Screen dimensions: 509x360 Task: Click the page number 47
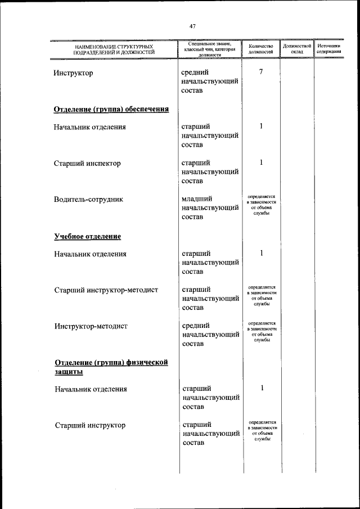pos(192,26)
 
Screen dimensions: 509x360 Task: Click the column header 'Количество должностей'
pos(260,48)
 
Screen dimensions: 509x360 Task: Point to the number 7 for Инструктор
pos(262,72)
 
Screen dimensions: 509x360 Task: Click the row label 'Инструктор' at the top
pos(74,73)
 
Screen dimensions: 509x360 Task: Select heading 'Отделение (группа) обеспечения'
pos(111,109)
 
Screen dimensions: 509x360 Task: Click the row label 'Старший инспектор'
pos(87,164)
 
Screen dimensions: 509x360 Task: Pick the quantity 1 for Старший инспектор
pos(262,163)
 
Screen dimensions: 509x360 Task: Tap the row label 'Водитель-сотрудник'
pos(89,200)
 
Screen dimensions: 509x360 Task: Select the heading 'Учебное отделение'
pos(87,236)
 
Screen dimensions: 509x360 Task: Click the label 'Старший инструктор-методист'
pos(106,290)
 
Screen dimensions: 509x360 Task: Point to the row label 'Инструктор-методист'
pos(91,326)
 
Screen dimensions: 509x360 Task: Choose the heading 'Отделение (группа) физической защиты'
pos(111,367)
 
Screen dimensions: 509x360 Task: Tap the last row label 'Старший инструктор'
pos(90,425)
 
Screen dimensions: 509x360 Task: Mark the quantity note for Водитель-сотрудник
pos(262,205)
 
